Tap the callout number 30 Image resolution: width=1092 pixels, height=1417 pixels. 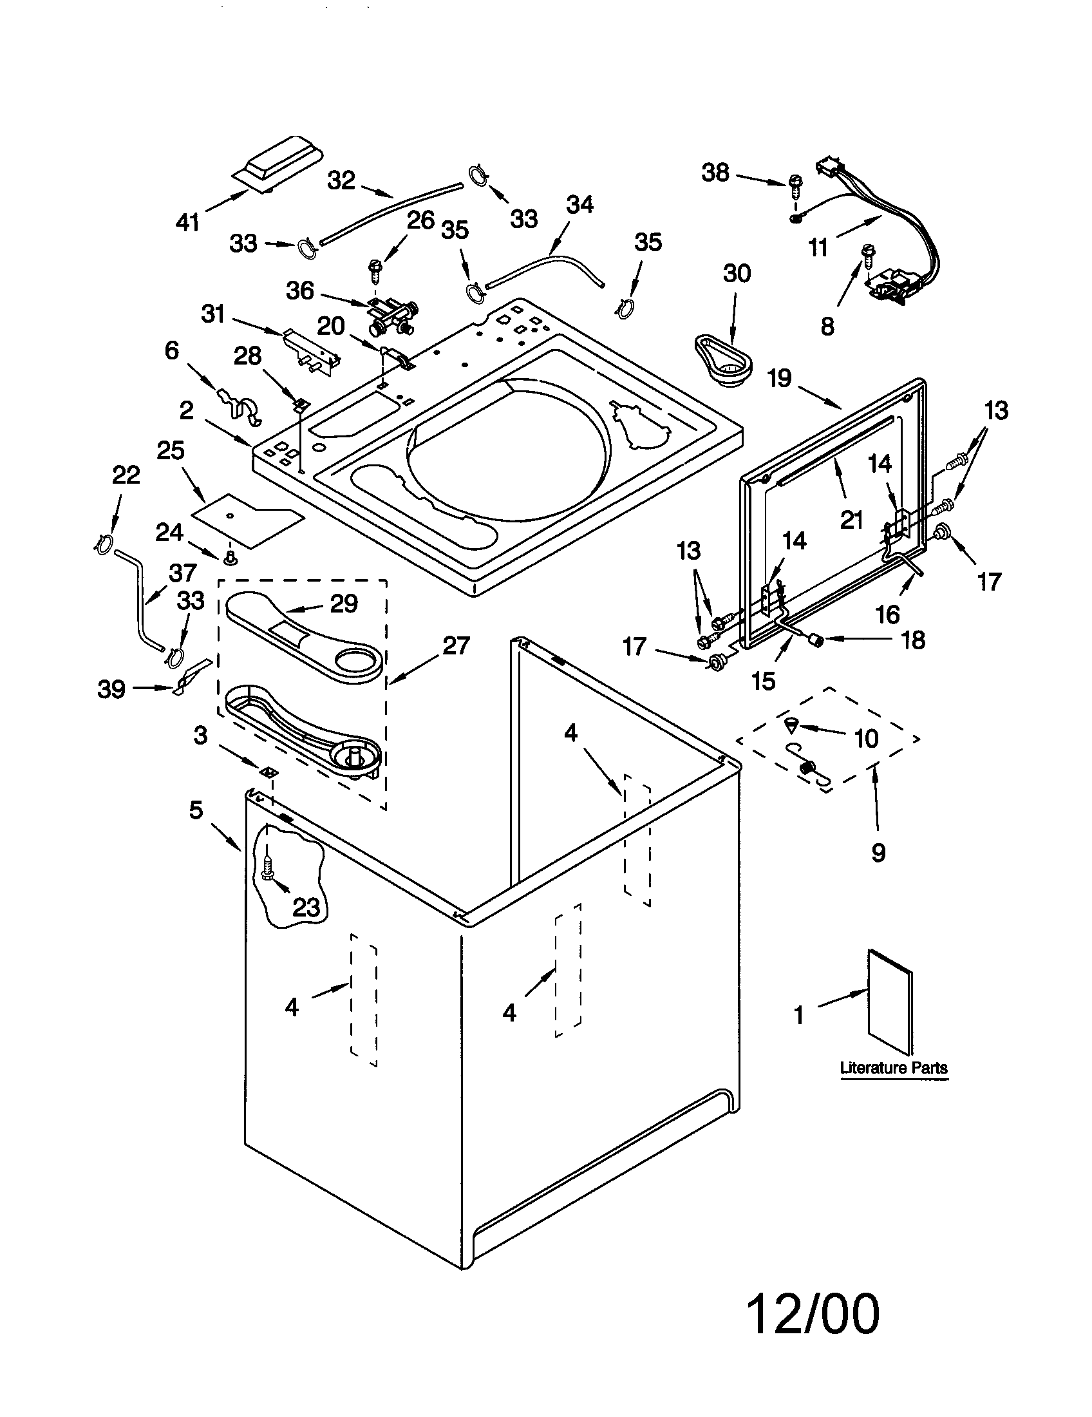737,273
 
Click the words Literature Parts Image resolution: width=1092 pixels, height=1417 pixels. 894,1067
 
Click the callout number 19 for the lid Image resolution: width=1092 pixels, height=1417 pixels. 780,377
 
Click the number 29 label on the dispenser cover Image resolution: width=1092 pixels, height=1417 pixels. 344,604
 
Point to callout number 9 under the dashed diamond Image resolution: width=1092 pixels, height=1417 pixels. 878,853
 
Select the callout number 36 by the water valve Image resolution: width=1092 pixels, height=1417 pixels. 299,290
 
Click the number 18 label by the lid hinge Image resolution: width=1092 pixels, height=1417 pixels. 913,640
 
